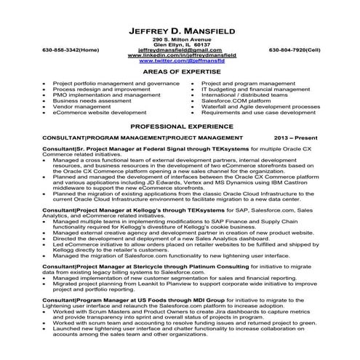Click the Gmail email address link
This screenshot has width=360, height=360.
pyautogui.click(x=180, y=49)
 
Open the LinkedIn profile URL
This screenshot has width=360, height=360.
pyautogui.click(x=180, y=55)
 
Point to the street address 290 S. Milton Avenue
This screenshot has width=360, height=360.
pyautogui.click(x=180, y=38)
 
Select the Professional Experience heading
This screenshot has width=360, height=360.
pyautogui.click(x=180, y=126)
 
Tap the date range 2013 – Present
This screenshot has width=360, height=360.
pyautogui.click(x=297, y=136)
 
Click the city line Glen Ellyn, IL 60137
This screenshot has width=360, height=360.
pyautogui.click(x=180, y=44)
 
